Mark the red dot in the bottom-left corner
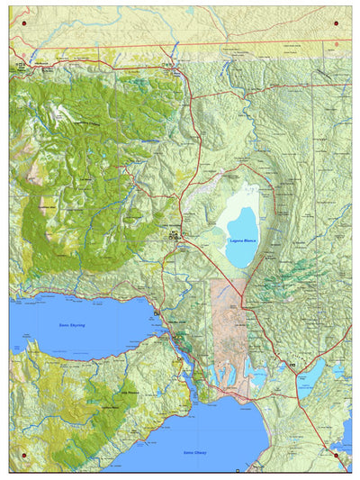(x=23, y=456)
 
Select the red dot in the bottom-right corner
(x=337, y=456)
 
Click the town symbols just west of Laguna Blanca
(x=176, y=236)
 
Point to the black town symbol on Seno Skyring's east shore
(x=157, y=312)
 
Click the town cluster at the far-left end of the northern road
(x=20, y=68)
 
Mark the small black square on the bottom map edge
(x=238, y=470)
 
